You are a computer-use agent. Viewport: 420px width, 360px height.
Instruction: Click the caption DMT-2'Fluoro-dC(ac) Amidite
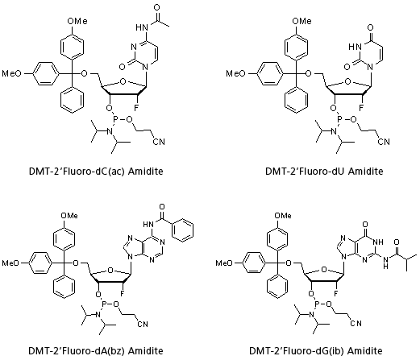96,171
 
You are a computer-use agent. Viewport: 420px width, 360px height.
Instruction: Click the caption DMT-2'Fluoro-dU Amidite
324,171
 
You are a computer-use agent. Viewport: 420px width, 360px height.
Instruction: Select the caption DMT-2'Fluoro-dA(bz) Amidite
96,350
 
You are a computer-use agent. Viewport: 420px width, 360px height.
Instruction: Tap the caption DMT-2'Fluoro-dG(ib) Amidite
316,350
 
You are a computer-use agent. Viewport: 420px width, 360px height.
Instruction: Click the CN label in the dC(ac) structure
159,142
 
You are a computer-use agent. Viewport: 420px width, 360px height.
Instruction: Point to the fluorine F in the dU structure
361,108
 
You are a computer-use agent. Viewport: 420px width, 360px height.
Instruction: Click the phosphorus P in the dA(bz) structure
105,304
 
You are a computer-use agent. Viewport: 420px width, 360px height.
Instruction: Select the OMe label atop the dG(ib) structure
283,215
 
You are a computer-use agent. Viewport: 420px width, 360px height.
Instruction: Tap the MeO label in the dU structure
235,73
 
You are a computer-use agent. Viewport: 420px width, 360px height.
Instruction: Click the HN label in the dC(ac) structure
142,27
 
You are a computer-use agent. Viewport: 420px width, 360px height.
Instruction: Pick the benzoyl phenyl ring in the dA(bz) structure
182,230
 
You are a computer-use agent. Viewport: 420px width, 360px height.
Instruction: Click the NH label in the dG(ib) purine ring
378,242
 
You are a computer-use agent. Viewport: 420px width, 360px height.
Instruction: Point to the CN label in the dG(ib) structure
356,323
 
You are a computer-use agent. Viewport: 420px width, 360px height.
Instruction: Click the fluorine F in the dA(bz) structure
123,294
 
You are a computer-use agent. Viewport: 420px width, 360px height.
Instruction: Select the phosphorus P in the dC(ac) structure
116,119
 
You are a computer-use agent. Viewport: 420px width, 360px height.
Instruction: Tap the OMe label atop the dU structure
301,21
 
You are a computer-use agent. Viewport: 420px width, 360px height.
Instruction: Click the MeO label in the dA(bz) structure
10,263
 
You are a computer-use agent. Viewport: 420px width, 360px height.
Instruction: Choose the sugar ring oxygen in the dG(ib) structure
324,270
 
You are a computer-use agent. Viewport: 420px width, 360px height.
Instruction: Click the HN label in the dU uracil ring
355,47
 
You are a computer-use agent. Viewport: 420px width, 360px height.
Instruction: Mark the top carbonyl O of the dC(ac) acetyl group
157,7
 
